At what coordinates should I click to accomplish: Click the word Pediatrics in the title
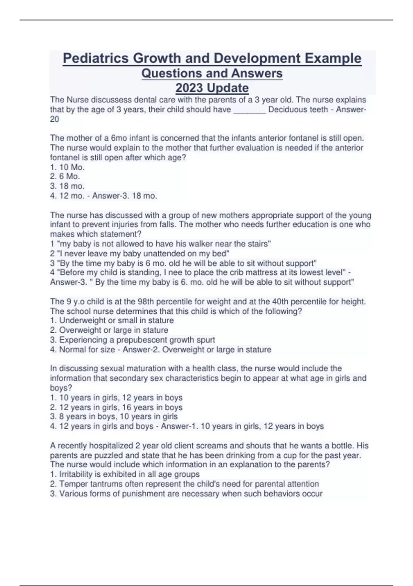click(x=96, y=58)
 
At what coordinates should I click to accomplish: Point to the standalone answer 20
click(x=54, y=119)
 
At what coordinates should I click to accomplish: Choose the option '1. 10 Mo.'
click(x=67, y=167)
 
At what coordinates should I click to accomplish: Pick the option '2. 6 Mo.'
click(x=65, y=176)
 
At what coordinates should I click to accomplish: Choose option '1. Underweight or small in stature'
click(x=112, y=321)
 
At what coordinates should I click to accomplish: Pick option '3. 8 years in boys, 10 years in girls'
click(x=114, y=417)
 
